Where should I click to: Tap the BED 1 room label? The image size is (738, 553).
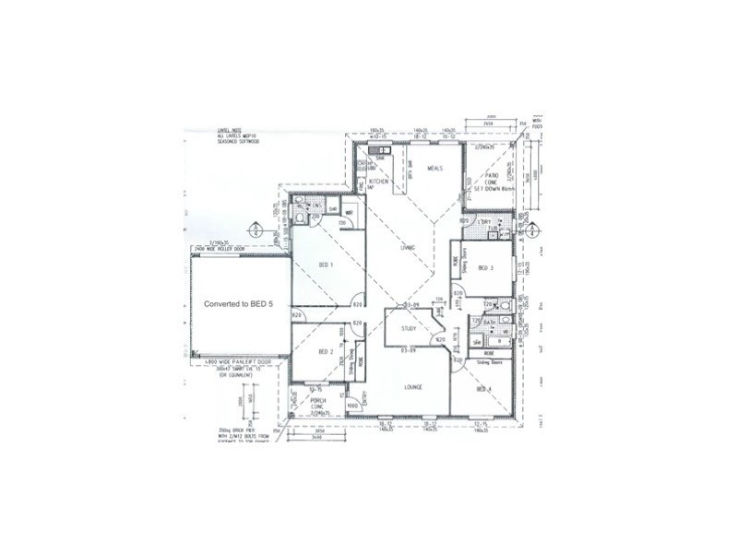(x=325, y=265)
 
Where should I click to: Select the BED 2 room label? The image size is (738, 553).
(x=325, y=352)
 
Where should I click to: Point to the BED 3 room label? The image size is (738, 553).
(x=486, y=268)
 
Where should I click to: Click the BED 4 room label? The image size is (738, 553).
(x=483, y=390)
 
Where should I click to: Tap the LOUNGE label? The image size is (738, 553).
(x=411, y=387)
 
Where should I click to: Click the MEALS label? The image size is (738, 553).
(x=435, y=169)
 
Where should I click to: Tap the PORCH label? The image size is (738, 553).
(x=317, y=400)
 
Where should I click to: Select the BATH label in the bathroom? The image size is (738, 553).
(x=490, y=323)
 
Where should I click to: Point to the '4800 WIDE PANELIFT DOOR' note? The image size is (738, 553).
(x=226, y=361)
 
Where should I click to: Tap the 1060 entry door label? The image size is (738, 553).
(x=351, y=405)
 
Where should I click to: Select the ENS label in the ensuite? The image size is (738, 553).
(x=315, y=205)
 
